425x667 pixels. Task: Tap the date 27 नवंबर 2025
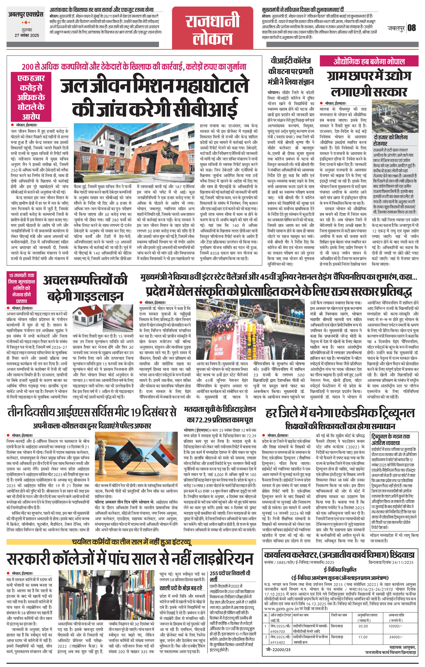27,35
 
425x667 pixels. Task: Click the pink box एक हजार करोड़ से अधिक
31,97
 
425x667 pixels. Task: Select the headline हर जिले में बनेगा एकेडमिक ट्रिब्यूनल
340,413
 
